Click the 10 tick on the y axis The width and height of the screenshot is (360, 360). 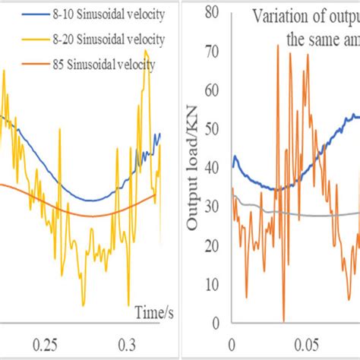[x=214, y=283]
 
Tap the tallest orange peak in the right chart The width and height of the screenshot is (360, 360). [x=278, y=45]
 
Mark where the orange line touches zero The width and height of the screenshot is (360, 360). [x=283, y=320]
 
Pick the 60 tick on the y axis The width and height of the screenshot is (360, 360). [x=214, y=90]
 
